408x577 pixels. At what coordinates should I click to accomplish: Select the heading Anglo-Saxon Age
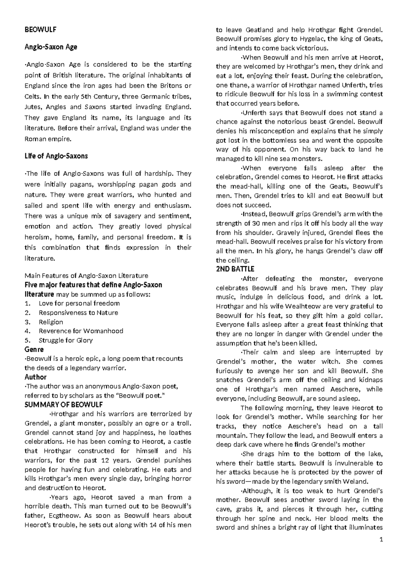coord(51,47)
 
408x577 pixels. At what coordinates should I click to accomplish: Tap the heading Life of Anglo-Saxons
coord(56,156)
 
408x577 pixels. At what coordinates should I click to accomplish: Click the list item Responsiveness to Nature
coord(79,313)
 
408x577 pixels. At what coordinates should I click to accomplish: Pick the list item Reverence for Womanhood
coord(81,331)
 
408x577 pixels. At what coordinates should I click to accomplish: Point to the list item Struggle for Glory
coord(66,340)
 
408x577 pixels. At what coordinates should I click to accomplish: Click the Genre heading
coord(34,349)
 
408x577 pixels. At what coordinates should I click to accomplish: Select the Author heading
coord(35,377)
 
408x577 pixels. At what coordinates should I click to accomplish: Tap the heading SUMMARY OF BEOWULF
coord(64,405)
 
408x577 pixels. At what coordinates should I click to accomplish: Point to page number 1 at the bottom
coord(381,540)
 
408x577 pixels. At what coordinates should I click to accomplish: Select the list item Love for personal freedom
coord(79,303)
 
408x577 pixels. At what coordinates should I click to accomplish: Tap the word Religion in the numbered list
coord(51,322)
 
